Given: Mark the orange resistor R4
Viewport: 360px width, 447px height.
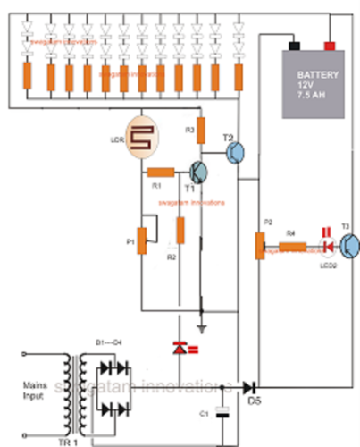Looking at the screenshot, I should point(290,246).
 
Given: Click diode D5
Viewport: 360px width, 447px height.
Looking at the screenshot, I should point(250,386).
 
